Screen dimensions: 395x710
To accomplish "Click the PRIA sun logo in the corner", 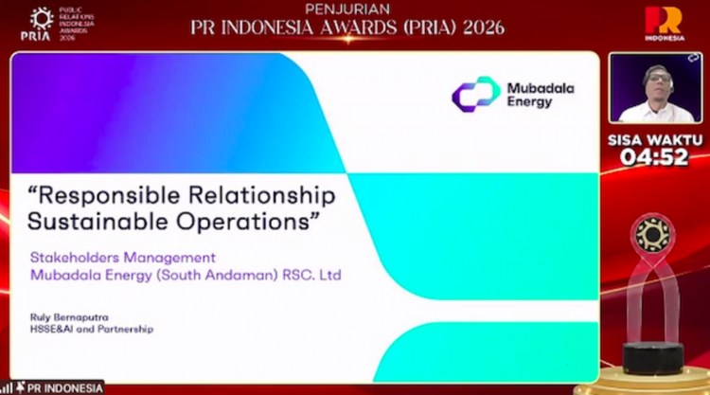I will click(42, 19).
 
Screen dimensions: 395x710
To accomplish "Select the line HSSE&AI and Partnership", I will click(91, 329).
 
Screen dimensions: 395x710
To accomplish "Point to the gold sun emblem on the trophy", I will click(653, 235).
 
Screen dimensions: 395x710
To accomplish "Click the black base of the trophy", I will click(653, 355).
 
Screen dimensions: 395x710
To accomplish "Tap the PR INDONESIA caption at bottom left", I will click(64, 386).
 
